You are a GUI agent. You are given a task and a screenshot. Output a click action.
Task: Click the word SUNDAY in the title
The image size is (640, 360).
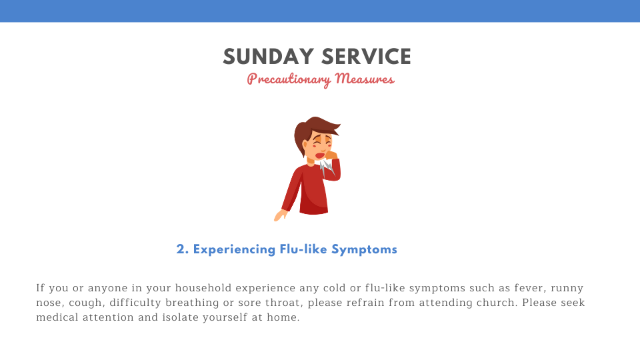[268, 57]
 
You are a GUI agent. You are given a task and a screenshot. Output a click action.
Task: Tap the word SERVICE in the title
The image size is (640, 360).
[366, 57]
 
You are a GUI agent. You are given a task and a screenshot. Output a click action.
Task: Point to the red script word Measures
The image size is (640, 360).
[365, 79]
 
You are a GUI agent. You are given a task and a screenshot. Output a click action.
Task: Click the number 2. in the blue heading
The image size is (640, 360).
[183, 249]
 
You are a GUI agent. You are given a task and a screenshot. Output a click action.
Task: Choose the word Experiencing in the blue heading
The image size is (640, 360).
[234, 250]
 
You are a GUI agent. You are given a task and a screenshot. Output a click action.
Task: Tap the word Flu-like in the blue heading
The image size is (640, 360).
[303, 249]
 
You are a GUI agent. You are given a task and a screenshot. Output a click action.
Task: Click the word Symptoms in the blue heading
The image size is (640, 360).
[364, 250]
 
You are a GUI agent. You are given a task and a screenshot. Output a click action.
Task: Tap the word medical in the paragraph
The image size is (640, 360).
[57, 317]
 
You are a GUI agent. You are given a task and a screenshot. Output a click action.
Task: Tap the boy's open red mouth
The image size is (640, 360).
[319, 155]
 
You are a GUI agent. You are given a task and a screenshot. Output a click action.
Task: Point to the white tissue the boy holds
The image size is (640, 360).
[327, 167]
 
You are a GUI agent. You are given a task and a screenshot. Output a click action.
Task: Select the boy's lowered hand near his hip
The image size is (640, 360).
[280, 215]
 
